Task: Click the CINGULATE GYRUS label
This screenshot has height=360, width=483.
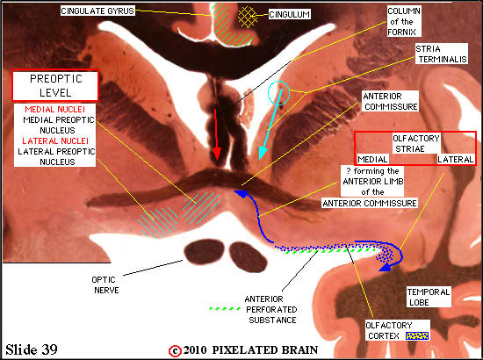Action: pos(97,11)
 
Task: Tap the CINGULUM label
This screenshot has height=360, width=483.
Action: pos(289,14)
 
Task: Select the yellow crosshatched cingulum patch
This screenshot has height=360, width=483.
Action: pos(248,17)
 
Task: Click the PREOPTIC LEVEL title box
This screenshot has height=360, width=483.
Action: pos(55,86)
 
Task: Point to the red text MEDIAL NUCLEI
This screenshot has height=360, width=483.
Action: pos(54,110)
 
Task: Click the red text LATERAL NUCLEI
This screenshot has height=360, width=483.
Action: pos(55,141)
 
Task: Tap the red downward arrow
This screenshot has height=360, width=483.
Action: pos(217,134)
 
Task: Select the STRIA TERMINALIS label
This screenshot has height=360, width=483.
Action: pos(442,54)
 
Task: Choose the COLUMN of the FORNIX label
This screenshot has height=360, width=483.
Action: pos(404,22)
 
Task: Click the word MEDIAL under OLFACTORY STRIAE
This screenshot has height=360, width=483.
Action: pos(372,159)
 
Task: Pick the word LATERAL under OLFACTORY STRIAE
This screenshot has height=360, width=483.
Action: pos(456,159)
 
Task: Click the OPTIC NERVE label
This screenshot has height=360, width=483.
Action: pos(104,284)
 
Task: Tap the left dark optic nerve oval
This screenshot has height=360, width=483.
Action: pos(204,252)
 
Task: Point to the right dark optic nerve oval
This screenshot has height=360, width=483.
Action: pos(248,257)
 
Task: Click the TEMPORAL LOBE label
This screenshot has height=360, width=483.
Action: pos(429,297)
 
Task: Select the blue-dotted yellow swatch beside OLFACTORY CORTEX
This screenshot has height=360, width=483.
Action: pos(417,335)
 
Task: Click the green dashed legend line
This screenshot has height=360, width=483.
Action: pos(225,308)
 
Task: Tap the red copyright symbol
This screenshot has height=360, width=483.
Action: pos(175,351)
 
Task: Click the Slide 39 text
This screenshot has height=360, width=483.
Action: pos(32,349)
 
